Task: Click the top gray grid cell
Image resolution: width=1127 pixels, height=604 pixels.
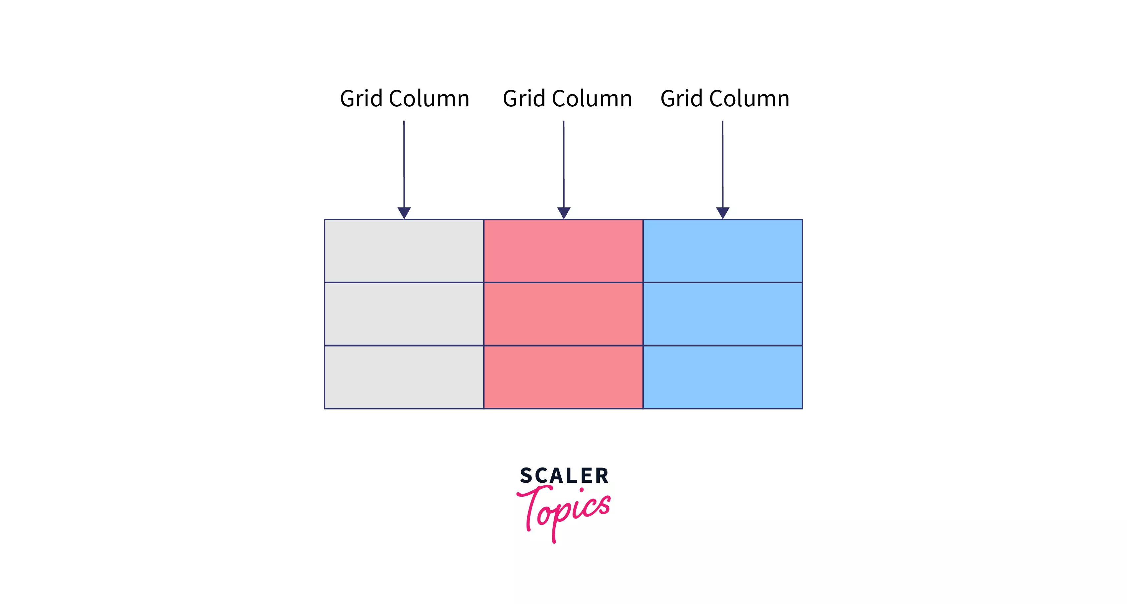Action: coord(404,250)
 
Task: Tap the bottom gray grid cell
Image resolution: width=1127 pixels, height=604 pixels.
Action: coord(404,377)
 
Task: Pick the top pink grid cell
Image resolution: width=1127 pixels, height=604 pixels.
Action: coord(563,250)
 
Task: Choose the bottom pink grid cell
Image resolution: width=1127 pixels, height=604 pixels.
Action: coord(563,377)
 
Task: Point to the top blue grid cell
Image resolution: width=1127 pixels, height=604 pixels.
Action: coord(723,250)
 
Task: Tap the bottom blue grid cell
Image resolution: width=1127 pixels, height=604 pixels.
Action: coord(723,377)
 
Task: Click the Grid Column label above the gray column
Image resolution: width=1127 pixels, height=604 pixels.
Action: coord(405,98)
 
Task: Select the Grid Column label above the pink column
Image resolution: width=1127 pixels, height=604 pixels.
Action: coord(567,98)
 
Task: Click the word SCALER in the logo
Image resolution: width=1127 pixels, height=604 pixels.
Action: coord(564,475)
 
